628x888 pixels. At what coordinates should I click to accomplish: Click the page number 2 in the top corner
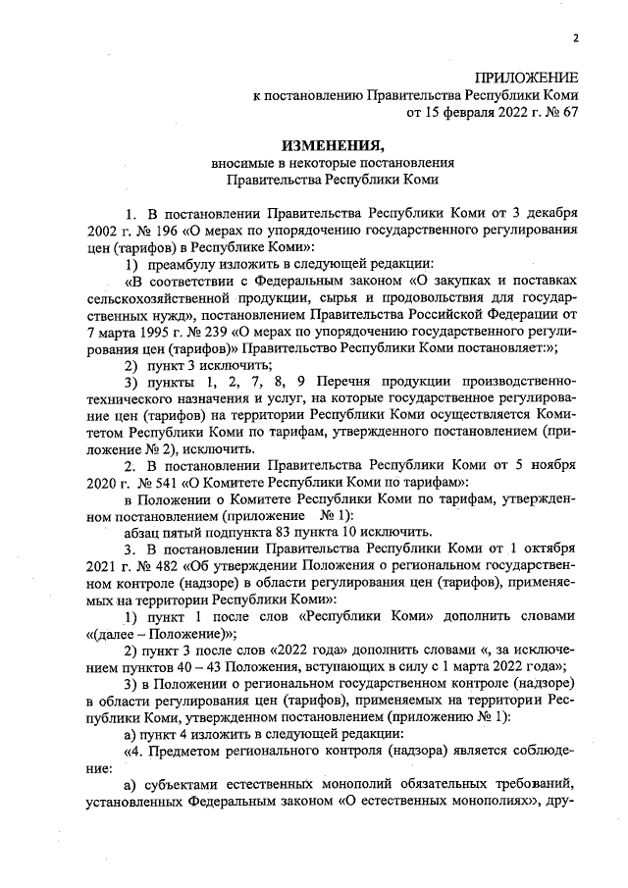[576, 38]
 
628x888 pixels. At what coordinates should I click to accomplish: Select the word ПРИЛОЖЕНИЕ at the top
[527, 78]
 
